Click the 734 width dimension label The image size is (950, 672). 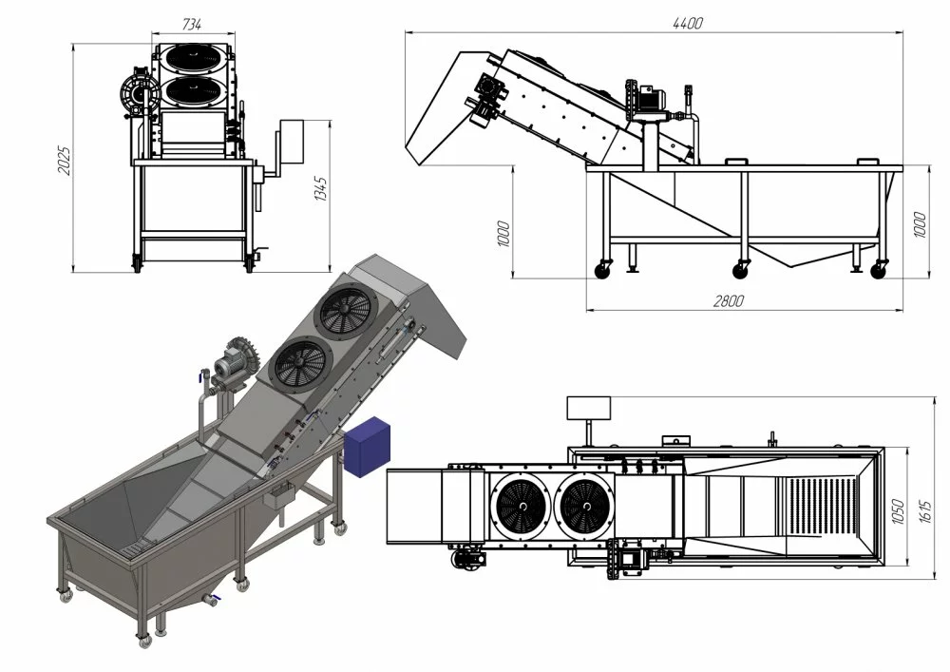point(192,25)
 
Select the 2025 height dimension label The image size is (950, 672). point(64,161)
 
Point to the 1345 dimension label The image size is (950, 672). point(320,188)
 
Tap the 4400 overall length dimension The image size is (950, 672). point(688,23)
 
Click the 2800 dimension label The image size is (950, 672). point(728,300)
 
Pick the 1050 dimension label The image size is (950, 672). point(898,512)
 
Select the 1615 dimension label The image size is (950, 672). point(925,512)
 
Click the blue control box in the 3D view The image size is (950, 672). point(367,447)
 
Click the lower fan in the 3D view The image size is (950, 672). point(300,365)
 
